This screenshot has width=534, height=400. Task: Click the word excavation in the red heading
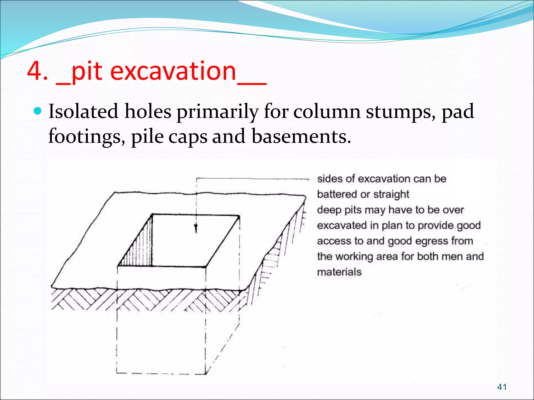(173, 71)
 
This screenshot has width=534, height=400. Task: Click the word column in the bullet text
(327, 111)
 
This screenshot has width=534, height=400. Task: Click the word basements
(301, 136)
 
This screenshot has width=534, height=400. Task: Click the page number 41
(502, 387)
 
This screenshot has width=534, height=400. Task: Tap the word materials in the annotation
(339, 272)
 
